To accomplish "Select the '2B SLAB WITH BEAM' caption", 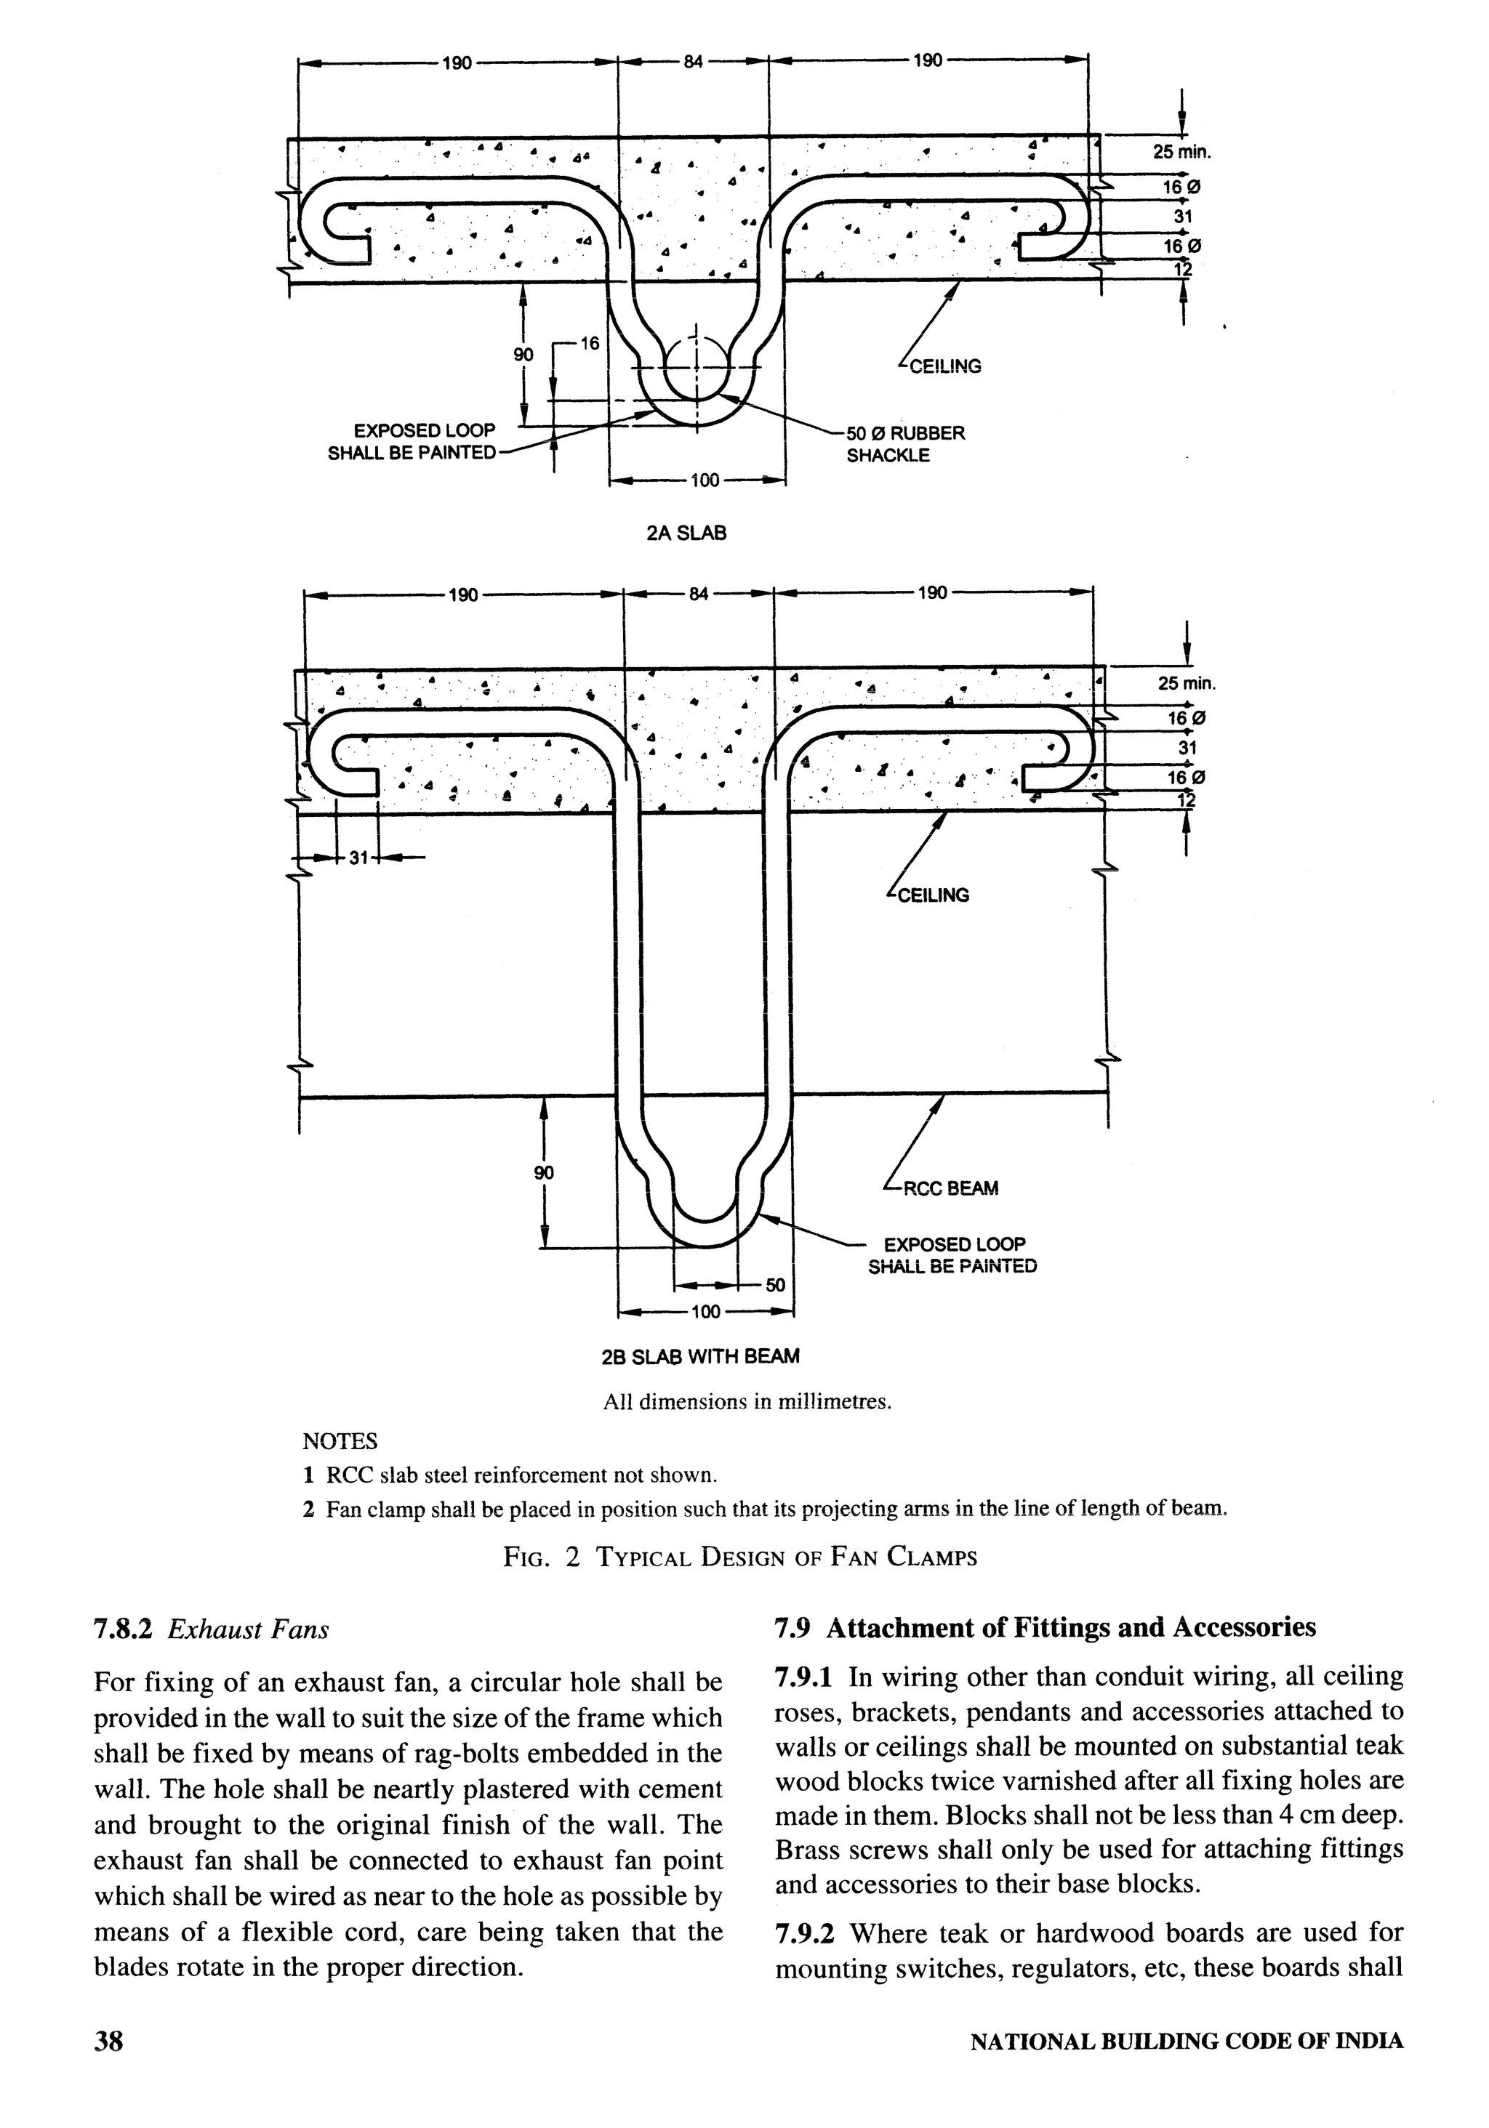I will (x=700, y=1357).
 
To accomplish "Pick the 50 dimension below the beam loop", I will (x=775, y=1285).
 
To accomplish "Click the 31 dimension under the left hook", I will (x=359, y=858).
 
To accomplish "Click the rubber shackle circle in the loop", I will (x=697, y=367).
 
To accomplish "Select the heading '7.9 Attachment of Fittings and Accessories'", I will (x=1045, y=1627).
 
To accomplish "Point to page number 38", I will (x=108, y=2066).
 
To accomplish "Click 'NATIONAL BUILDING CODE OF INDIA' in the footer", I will (x=1186, y=2067).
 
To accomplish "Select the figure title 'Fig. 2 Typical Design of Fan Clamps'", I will (x=740, y=1556).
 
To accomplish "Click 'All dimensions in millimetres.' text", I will (x=747, y=1401).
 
